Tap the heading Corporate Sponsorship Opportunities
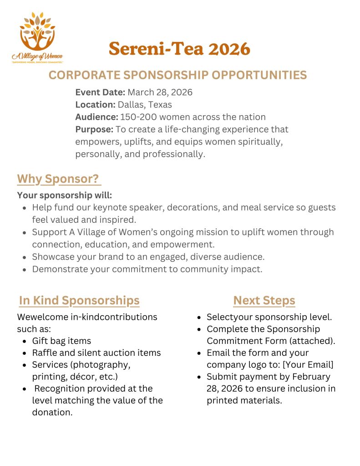coord(177,75)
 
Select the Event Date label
coord(100,92)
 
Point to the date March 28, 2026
coord(160,92)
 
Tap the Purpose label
coord(94,129)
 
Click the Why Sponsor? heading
coord(58,179)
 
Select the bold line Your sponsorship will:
coord(64,195)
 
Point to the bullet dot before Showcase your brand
coord(25,257)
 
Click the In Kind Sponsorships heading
coord(79,301)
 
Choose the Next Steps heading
coord(264,301)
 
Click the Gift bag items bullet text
coord(61,341)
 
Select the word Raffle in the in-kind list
coord(44,353)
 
